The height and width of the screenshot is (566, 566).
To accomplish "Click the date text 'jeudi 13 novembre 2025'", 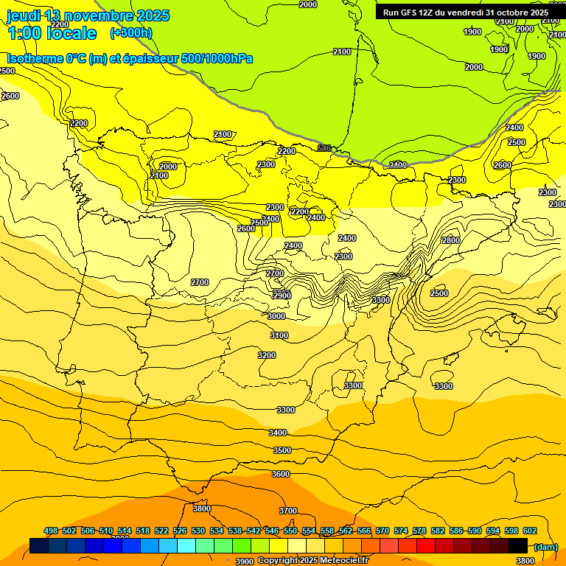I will (88, 15).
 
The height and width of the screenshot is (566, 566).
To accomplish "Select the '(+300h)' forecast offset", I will (130, 33).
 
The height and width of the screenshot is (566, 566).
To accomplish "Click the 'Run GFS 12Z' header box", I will (465, 13).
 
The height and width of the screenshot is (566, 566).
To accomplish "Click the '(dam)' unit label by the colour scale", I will (545, 546).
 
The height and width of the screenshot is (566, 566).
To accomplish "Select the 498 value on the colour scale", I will (51, 531).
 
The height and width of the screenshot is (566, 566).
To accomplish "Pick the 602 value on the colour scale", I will (529, 531).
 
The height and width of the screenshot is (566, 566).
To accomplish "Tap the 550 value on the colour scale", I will (290, 531).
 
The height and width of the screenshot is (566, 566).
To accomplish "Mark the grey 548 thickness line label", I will (324, 148).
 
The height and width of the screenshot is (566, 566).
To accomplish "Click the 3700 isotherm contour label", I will (288, 511).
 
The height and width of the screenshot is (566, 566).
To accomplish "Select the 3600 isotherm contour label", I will (281, 474).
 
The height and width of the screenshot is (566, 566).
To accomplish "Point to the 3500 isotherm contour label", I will (282, 450).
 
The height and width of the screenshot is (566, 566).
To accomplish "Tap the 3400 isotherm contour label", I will (278, 433).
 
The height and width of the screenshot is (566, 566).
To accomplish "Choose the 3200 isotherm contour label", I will (267, 355).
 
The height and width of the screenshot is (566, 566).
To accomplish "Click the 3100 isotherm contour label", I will (279, 335).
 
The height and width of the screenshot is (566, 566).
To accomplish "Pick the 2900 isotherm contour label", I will (282, 295).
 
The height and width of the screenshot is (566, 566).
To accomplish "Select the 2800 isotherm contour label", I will (450, 240).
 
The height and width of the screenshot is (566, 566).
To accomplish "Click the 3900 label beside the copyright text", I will (245, 562).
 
